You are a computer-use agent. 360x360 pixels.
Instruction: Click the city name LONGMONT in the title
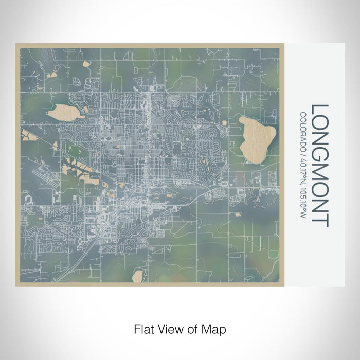320,165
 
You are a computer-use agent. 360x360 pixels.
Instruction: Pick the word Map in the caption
215,328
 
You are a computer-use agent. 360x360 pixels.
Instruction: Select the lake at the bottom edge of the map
137,276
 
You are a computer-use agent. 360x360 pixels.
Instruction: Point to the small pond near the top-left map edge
85,65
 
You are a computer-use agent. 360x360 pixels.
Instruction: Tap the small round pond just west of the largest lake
225,122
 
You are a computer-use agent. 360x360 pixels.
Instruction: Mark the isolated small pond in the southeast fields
238,214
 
